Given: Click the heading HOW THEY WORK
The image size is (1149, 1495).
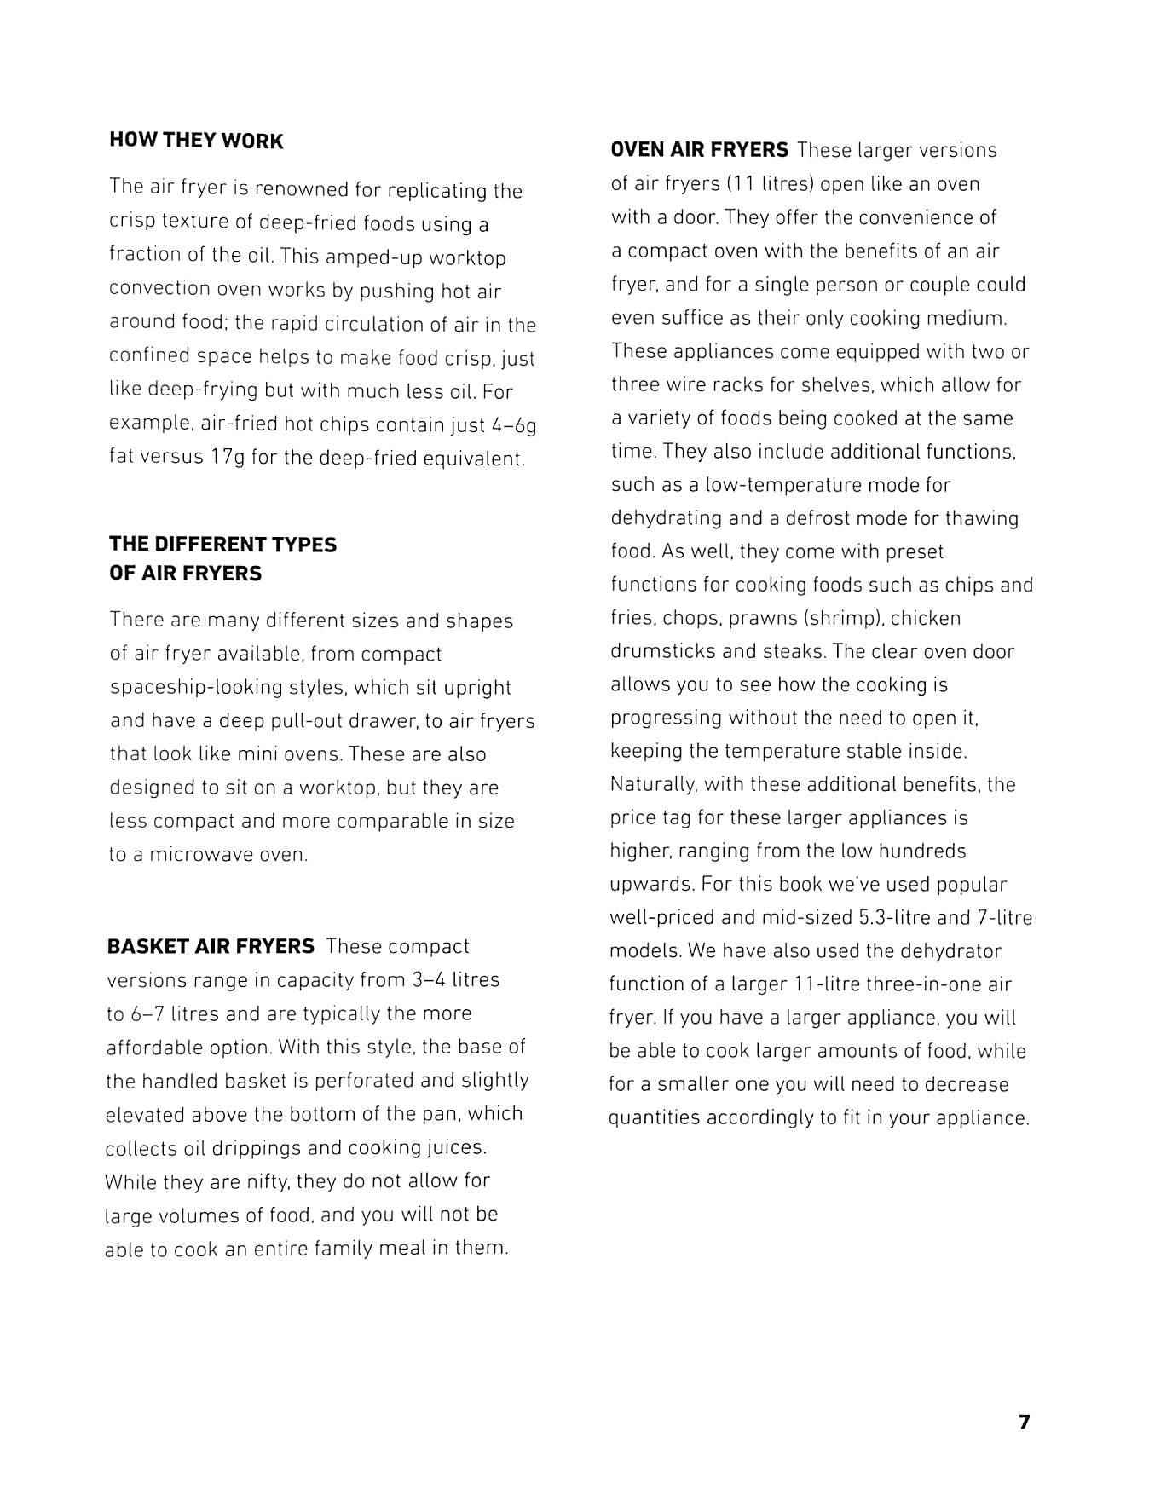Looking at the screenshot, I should point(196,141).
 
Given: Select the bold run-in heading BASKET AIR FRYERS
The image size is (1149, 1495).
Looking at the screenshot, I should point(211,947).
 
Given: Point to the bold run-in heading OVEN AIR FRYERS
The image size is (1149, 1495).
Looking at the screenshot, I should point(700,150).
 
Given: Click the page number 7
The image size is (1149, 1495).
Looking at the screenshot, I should point(1024,1422).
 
